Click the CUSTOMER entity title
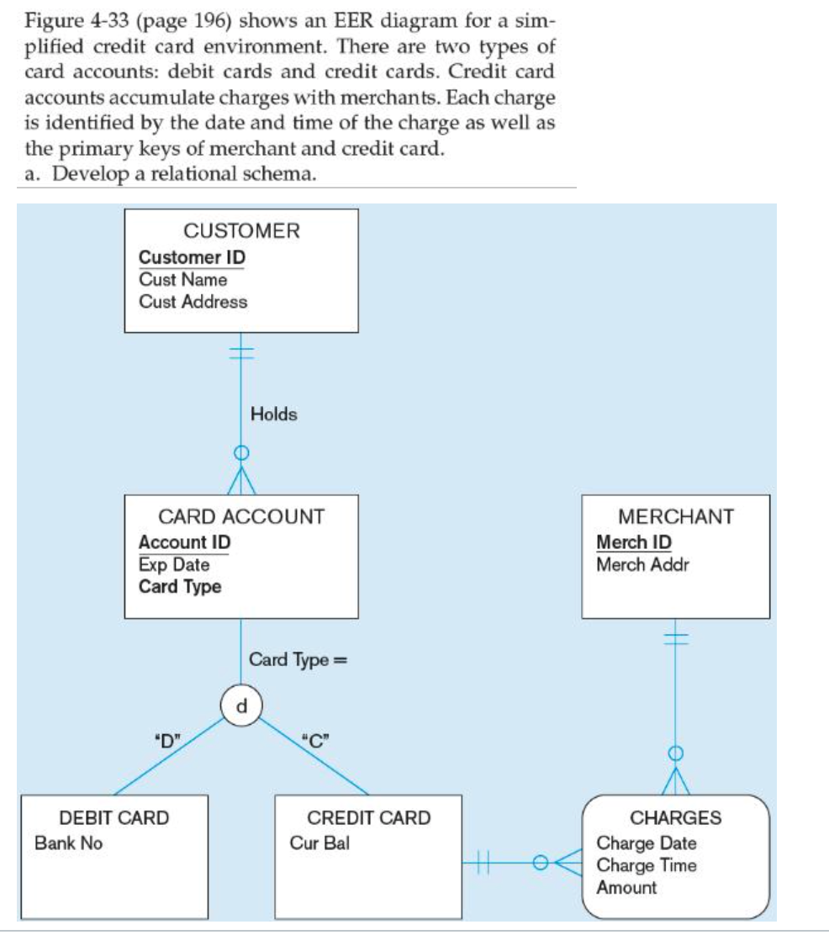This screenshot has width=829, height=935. tap(240, 230)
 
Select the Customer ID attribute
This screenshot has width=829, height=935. tap(192, 257)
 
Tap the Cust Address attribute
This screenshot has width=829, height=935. tap(193, 301)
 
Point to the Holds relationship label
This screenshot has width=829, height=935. tap(273, 414)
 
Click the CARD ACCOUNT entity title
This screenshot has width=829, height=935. tap(240, 516)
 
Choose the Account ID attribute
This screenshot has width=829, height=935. tap(184, 542)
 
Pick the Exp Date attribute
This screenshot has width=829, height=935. tap(173, 564)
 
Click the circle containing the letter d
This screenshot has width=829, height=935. tap(242, 704)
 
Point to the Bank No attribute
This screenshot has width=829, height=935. tap(68, 843)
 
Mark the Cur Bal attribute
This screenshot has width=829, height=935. tap(319, 843)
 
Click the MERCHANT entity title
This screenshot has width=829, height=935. tap(675, 516)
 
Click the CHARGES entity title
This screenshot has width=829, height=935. tap(675, 817)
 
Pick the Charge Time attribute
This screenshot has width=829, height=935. tap(646, 864)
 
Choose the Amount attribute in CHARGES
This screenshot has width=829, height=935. tap(626, 887)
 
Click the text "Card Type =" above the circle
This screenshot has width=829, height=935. tap(298, 660)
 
